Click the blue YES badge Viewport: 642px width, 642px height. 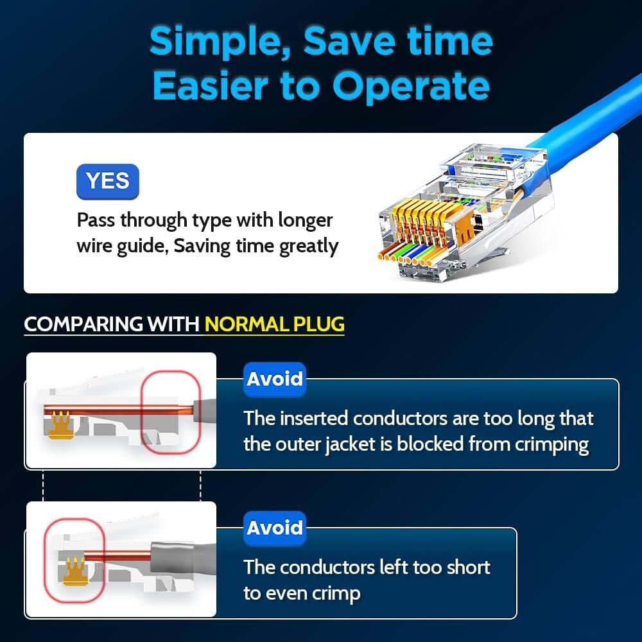(107, 181)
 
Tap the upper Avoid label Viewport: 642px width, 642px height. (275, 379)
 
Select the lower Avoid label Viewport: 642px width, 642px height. (275, 528)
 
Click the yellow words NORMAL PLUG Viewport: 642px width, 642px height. (274, 324)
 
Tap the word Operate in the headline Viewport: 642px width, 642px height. (411, 87)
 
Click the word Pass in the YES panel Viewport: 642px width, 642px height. (97, 220)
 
